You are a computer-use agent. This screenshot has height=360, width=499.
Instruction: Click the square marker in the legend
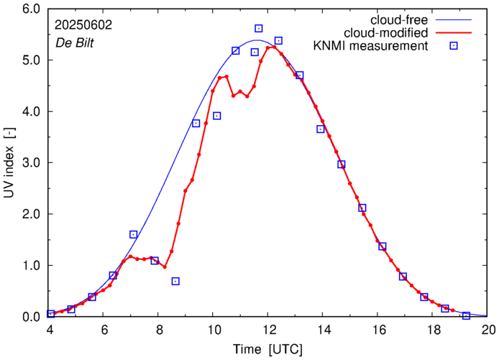coord(454,47)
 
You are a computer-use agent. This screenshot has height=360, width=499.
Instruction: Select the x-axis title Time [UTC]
coord(267,349)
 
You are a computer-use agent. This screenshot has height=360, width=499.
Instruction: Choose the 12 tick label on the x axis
coord(269,331)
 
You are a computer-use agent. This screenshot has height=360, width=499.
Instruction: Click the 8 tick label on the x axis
coord(160,331)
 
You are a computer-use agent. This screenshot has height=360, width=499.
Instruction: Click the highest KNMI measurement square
coord(259,29)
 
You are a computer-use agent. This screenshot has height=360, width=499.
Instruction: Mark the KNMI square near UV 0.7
coord(175,281)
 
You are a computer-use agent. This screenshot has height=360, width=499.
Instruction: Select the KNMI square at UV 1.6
coord(134,234)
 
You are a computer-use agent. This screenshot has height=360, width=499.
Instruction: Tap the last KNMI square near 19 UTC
coord(466,315)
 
